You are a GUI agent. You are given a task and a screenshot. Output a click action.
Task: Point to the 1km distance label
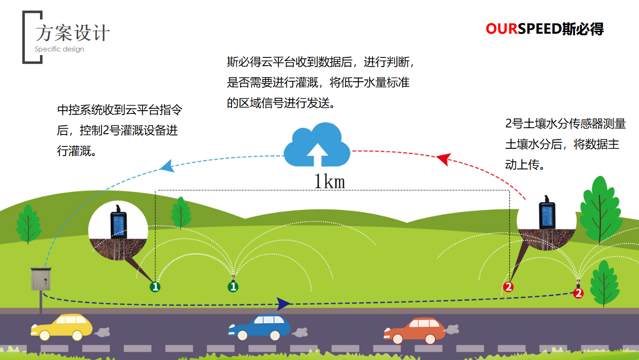pyautogui.click(x=329, y=182)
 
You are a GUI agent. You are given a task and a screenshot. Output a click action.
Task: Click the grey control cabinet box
pyautogui.click(x=40, y=279)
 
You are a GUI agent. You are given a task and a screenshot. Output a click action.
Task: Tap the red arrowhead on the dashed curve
pyautogui.click(x=443, y=159)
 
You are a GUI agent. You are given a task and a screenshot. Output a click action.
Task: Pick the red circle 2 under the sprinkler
pyautogui.click(x=578, y=293)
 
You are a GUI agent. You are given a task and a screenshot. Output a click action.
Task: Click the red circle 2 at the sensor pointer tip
pyautogui.click(x=508, y=287)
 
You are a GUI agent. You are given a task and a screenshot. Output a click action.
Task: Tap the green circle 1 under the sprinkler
pyautogui.click(x=233, y=287)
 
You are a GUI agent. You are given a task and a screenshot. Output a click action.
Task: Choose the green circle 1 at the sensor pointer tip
pyautogui.click(x=155, y=287)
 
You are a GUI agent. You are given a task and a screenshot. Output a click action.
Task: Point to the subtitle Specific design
pyautogui.click(x=59, y=49)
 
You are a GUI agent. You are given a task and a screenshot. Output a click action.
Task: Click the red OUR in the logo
pyautogui.click(x=502, y=29)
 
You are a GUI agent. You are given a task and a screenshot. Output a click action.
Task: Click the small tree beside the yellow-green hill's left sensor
pyautogui.click(x=181, y=212)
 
